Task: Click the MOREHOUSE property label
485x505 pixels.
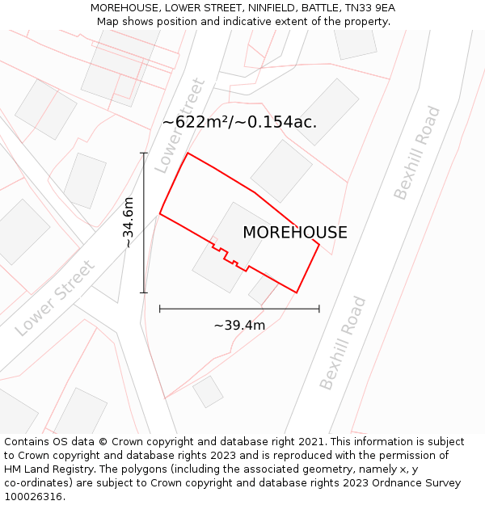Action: tap(295, 233)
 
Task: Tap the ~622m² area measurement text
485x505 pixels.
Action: tap(239, 122)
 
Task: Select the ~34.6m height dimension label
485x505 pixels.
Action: tap(129, 222)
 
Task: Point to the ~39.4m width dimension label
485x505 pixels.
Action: tap(239, 325)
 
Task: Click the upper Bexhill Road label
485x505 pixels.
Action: tap(417, 153)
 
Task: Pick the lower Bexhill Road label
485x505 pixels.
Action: tap(343, 343)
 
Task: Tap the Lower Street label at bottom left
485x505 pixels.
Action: tap(55, 298)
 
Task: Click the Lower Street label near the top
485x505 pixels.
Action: tap(180, 125)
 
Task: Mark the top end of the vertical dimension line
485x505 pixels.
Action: tap(144, 153)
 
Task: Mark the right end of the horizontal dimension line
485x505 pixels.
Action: tap(319, 308)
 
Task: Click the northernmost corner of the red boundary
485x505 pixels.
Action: tap(188, 153)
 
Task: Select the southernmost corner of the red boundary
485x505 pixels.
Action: tap(297, 292)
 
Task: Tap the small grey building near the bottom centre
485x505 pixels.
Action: tap(208, 391)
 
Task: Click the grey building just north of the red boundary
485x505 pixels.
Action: tap(281, 170)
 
